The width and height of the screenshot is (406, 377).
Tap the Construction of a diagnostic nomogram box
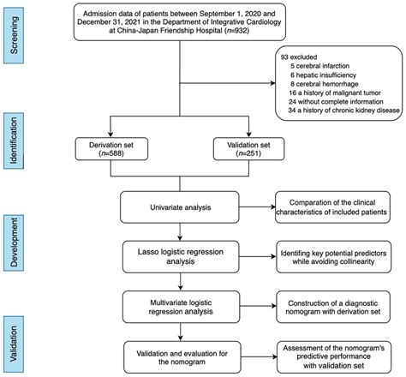[x=336, y=303]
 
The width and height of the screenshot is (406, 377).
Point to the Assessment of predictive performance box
[x=336, y=352]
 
